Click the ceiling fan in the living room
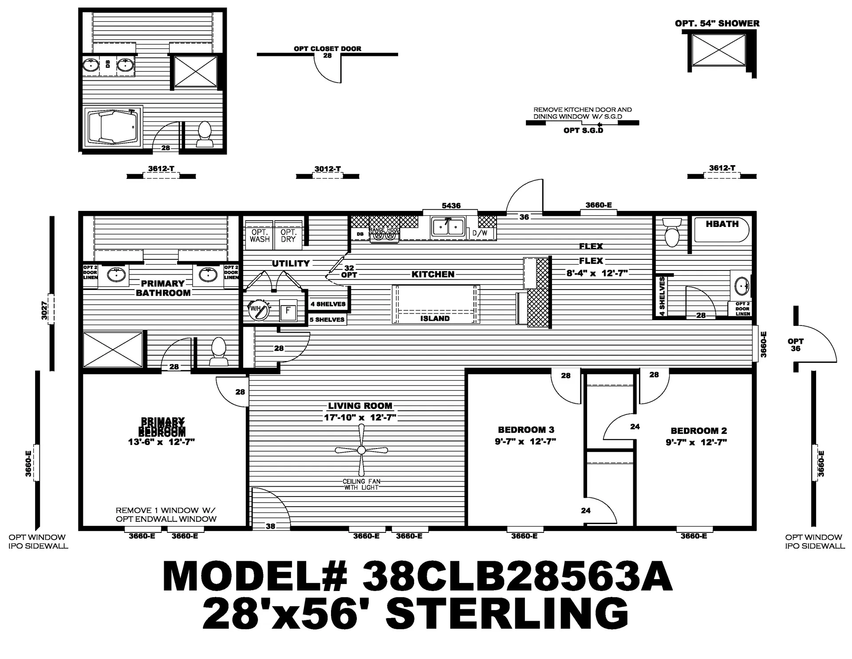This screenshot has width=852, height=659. (x=361, y=450)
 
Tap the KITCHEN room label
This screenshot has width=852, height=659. (x=433, y=274)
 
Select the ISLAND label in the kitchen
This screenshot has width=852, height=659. (x=435, y=318)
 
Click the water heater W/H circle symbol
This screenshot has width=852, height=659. (x=258, y=310)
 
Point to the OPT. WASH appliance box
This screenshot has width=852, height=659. (x=260, y=235)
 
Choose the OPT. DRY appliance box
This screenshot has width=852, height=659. (x=288, y=235)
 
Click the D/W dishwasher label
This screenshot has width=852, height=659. (x=480, y=233)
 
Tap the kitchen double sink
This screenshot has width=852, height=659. (x=448, y=227)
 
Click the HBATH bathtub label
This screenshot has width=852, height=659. (x=722, y=224)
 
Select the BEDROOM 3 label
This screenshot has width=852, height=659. (x=526, y=430)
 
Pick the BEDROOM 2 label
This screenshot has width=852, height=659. (x=698, y=431)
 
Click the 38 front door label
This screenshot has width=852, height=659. (x=270, y=526)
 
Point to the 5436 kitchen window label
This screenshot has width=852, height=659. (x=451, y=206)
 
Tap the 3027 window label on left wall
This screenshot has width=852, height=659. (x=44, y=310)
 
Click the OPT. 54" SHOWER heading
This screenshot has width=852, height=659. (x=717, y=24)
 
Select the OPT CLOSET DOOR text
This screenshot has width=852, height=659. (x=327, y=48)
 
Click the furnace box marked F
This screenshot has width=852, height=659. (x=288, y=310)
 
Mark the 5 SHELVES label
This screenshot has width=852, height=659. (x=327, y=320)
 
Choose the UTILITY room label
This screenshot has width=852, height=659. (x=291, y=263)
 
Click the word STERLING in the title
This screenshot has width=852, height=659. (x=507, y=613)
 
